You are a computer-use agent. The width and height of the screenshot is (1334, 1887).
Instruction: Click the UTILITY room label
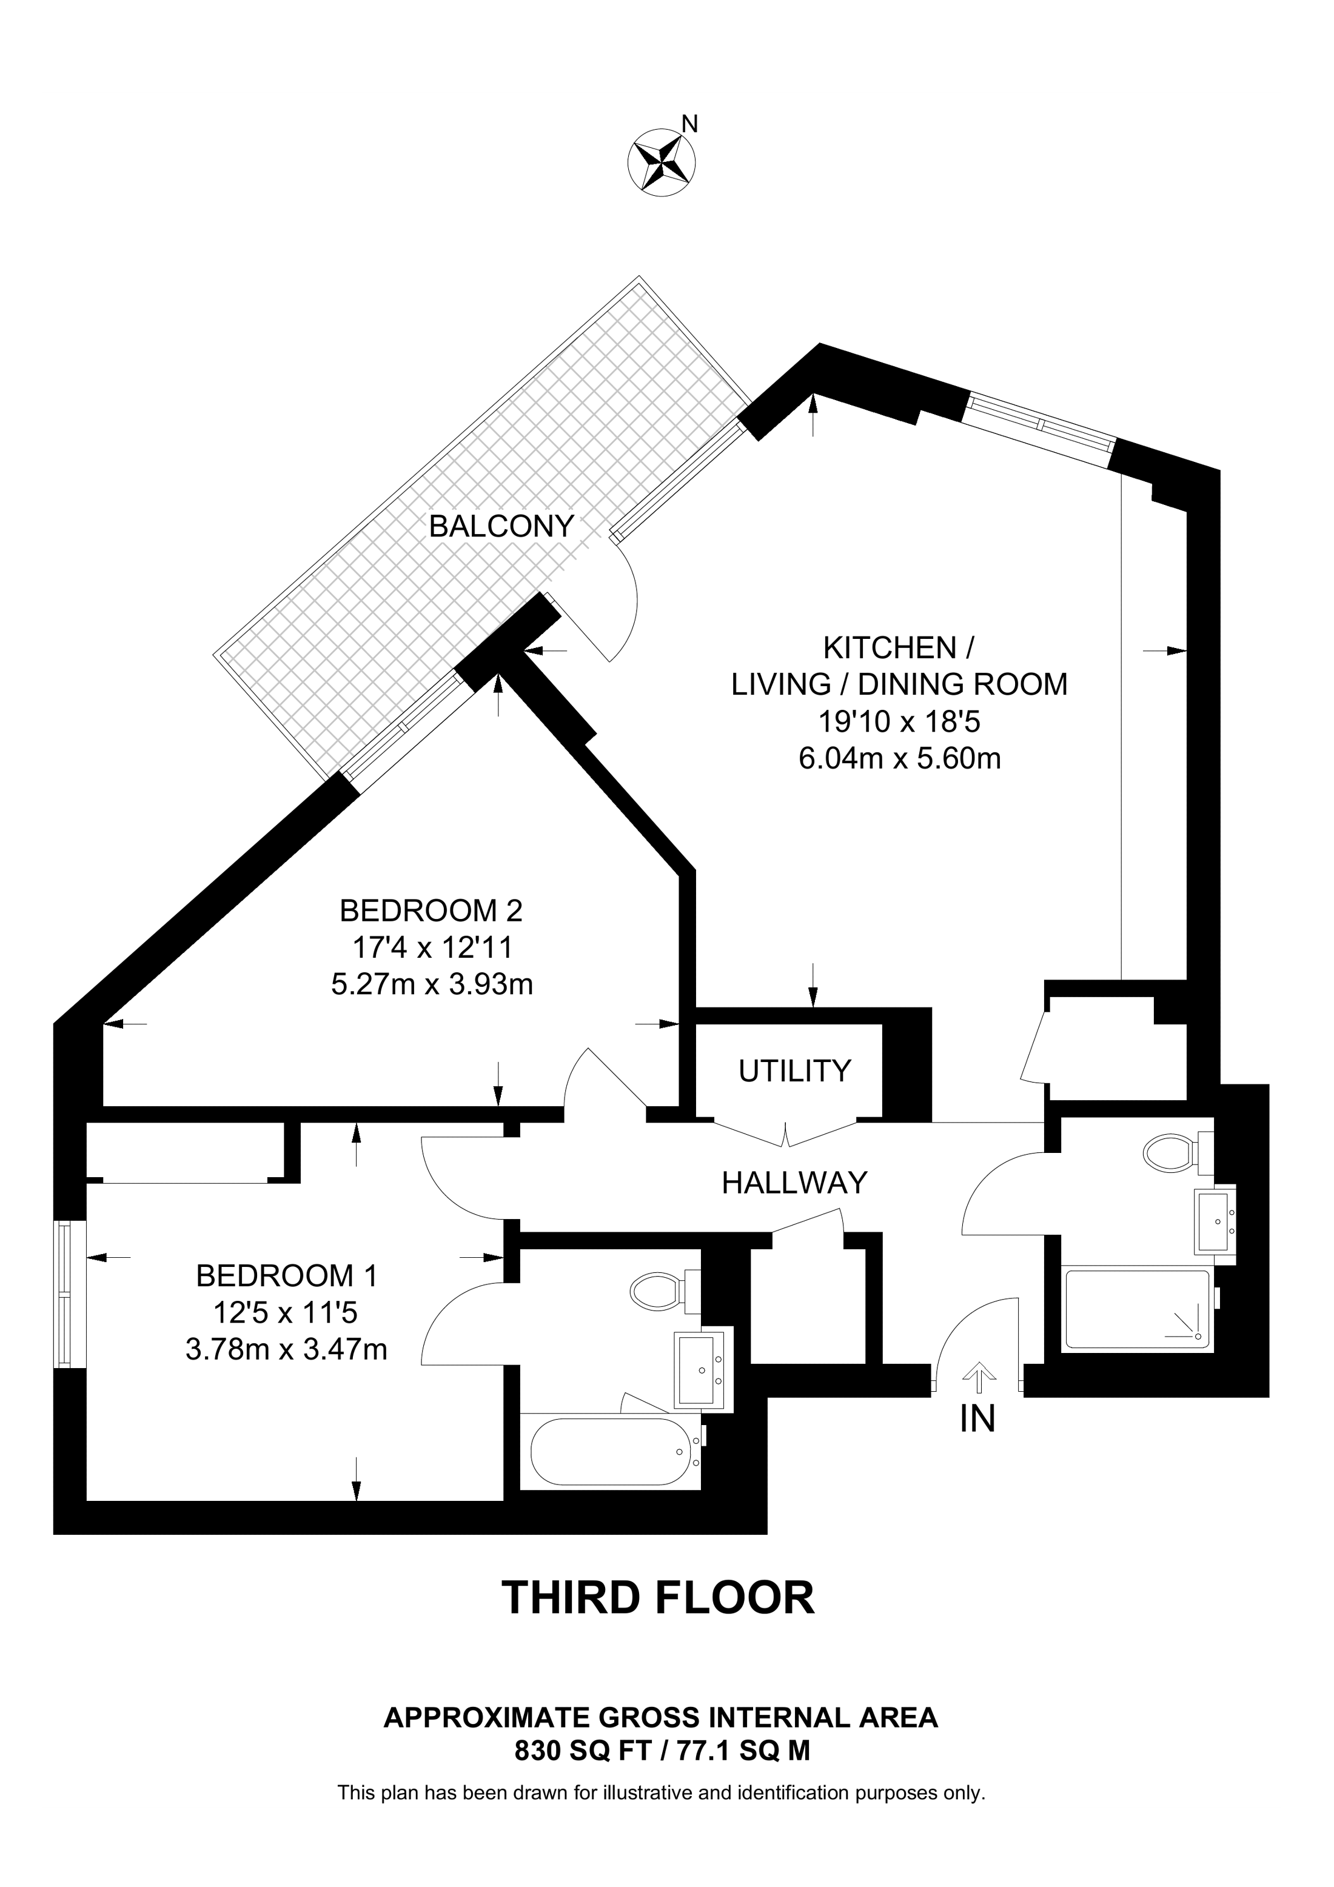[x=794, y=1071]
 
